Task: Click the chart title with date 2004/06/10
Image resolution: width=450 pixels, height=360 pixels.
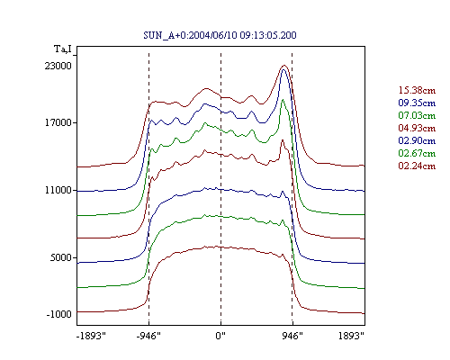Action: (220, 35)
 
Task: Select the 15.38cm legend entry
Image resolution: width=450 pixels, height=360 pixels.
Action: (417, 90)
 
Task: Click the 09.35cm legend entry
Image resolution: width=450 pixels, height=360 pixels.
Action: (417, 103)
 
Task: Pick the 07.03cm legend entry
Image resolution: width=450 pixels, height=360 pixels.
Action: (417, 115)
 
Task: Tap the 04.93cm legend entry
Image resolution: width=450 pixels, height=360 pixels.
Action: (417, 128)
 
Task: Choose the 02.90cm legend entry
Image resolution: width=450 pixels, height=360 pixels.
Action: (417, 140)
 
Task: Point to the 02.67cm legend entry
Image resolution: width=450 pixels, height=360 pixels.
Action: (417, 153)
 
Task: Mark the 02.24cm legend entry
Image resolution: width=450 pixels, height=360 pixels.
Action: (417, 166)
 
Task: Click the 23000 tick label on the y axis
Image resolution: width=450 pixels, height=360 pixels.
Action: (58, 66)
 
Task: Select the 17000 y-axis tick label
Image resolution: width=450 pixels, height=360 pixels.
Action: (58, 122)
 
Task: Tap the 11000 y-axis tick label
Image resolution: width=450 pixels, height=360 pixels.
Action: (58, 190)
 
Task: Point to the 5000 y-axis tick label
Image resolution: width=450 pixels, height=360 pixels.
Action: (60, 257)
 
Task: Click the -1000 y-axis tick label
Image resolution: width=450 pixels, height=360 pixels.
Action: (58, 314)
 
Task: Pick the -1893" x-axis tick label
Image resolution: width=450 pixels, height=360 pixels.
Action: (91, 336)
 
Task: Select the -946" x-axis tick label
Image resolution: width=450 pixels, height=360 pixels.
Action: (148, 336)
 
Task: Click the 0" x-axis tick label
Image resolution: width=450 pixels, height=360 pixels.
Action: (220, 336)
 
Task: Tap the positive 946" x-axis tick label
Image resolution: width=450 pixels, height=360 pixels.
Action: (292, 336)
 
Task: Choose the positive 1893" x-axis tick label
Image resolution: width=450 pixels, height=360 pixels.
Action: (351, 336)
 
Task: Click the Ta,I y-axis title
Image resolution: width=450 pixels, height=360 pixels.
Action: (63, 49)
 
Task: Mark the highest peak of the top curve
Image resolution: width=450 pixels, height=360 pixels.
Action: (284, 66)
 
